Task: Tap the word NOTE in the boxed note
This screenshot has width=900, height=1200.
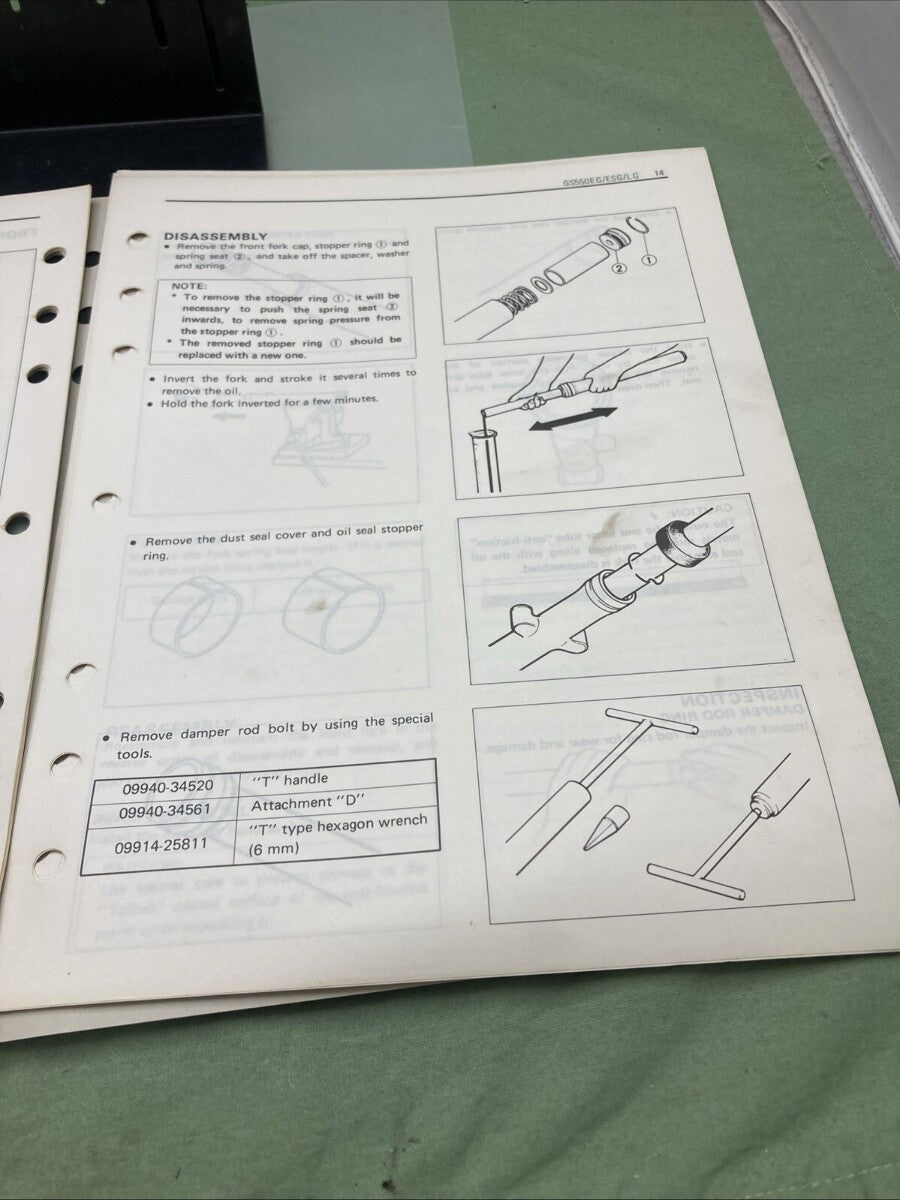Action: point(191,285)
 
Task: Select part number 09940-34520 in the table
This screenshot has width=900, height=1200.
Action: point(167,786)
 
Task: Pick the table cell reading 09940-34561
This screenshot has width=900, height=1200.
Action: point(166,811)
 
